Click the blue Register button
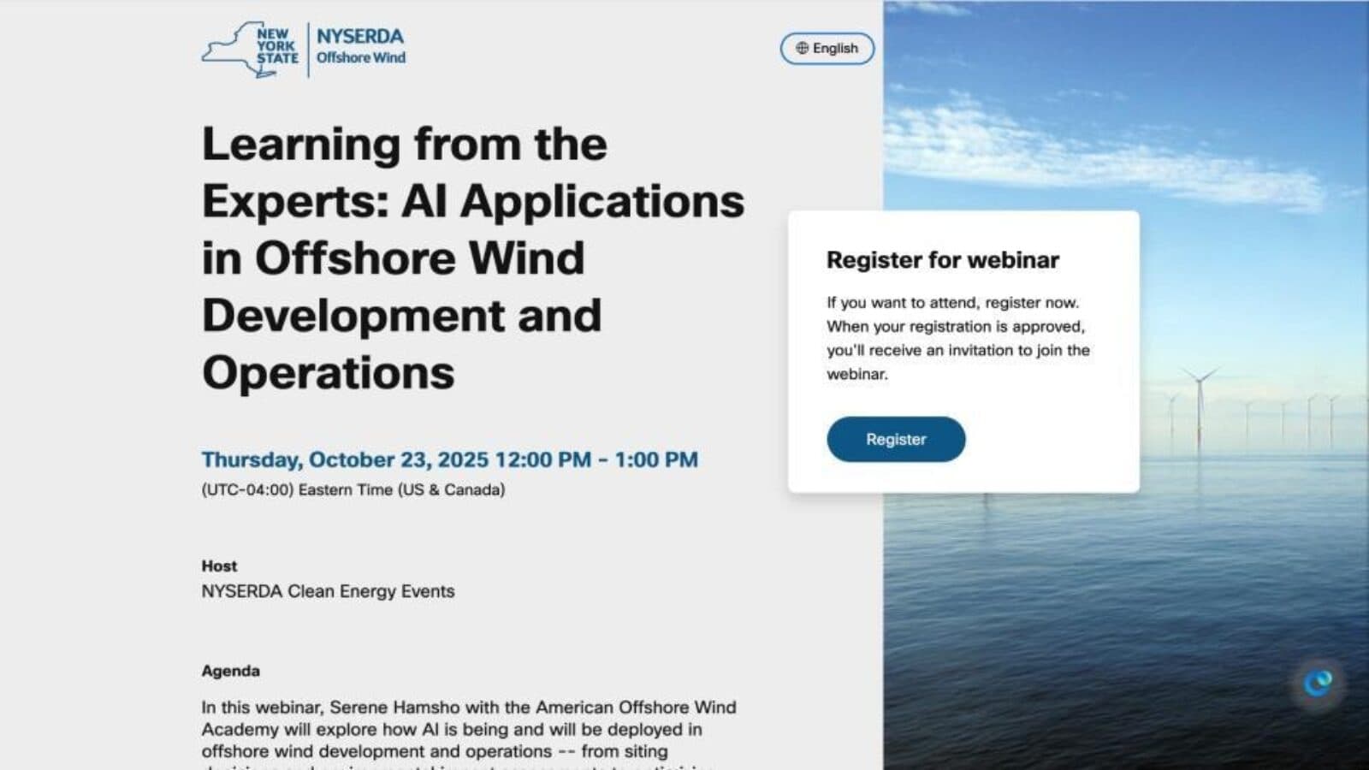click(895, 439)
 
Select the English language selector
click(827, 48)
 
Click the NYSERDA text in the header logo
click(359, 37)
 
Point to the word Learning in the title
click(300, 145)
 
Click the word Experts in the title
click(293, 202)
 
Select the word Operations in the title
click(328, 373)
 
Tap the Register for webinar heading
click(942, 260)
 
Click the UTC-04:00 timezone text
click(248, 489)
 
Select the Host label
click(219, 566)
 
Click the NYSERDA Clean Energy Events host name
click(328, 591)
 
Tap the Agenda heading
click(230, 671)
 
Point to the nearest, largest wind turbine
click(1200, 402)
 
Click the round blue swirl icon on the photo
click(1318, 682)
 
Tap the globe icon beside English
click(802, 48)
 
